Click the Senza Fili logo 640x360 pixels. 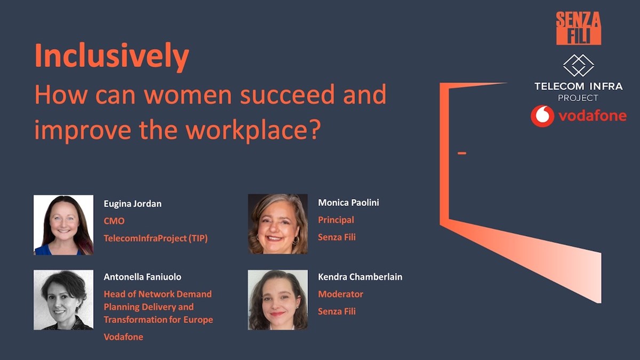(578, 28)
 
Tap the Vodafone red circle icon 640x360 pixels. (542, 116)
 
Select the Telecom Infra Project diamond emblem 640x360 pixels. (578, 65)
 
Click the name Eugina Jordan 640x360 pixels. (132, 204)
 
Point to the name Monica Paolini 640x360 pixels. (348, 203)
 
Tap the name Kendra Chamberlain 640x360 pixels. (360, 277)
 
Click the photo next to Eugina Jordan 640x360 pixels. (63, 225)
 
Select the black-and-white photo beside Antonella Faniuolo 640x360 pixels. (63, 300)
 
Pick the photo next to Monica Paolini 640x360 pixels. (278, 224)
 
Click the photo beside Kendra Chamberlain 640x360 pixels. (278, 300)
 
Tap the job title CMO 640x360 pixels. (114, 221)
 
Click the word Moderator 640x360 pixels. (340, 294)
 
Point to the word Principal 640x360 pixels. (336, 220)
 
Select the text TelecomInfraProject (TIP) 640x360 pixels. (156, 238)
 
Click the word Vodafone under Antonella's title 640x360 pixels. (123, 337)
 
